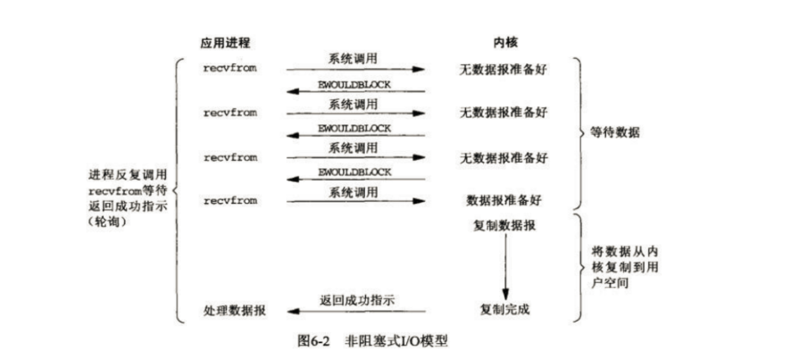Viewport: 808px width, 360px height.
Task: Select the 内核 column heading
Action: [504, 44]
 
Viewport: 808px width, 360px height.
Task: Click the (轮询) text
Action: [106, 221]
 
